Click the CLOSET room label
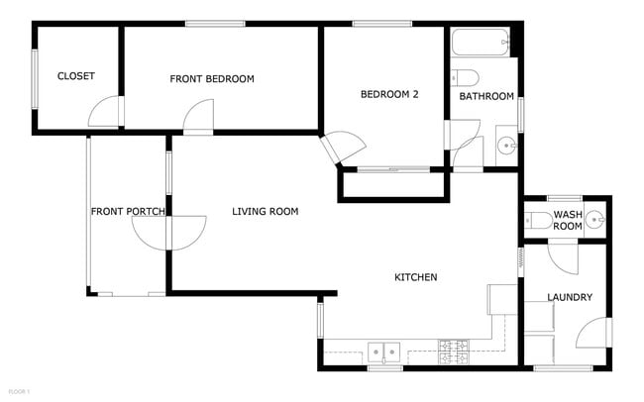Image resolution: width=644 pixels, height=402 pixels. [75, 76]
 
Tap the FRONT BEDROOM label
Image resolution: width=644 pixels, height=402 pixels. [212, 79]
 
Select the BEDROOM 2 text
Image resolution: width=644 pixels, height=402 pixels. [389, 95]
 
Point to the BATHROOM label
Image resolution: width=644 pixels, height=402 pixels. [486, 96]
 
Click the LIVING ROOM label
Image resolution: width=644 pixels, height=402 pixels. [266, 211]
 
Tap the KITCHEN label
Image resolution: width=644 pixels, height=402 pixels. [416, 277]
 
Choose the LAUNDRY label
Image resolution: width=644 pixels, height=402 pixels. [570, 297]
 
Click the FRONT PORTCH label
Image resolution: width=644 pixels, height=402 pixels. [128, 211]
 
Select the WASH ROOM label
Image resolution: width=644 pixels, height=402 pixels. [568, 220]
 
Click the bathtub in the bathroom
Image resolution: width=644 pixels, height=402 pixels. [481, 43]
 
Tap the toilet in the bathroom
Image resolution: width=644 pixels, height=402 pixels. [465, 77]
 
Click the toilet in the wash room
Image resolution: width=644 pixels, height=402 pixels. [537, 221]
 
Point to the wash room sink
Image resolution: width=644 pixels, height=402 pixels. [594, 220]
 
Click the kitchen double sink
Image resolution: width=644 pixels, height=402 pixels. [384, 351]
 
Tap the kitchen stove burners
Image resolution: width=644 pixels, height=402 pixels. [454, 349]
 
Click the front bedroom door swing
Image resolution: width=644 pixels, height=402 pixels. [198, 118]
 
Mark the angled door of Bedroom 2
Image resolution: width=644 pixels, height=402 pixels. [343, 149]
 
